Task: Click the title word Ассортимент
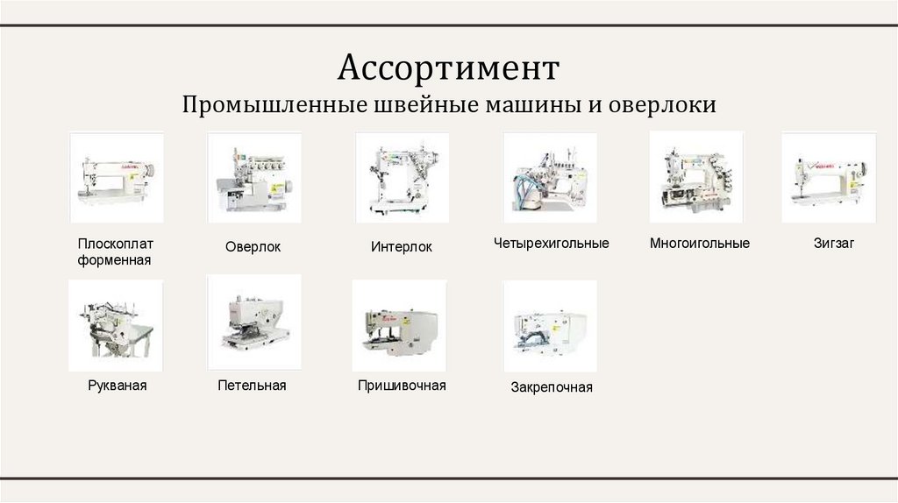point(448,67)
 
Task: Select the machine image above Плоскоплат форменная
point(116,177)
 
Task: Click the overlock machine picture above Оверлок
point(253,177)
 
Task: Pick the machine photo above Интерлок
point(402,177)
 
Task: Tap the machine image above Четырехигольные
point(550,177)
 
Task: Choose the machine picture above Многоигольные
point(696,177)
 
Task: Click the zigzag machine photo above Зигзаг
point(828,177)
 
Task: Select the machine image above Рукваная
point(116,324)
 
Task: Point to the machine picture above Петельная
point(253,322)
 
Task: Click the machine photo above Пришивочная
point(399,325)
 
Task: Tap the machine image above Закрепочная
point(550,326)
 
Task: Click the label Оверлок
point(253,247)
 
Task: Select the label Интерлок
point(402,247)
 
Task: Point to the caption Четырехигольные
point(551,243)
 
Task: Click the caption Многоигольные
point(700,243)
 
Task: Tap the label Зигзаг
point(833,243)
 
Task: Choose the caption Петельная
point(253,385)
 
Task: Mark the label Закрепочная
point(552,387)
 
